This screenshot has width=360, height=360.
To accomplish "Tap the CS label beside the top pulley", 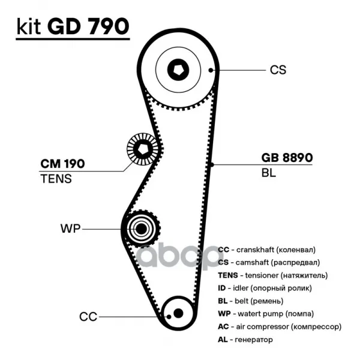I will coord(278,70).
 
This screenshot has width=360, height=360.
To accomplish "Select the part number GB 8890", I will coord(287,158).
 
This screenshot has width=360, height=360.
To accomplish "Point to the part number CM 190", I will coord(62,164).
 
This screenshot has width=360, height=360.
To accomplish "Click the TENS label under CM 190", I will coord(56,178).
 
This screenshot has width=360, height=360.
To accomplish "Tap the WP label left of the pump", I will coord(70,229).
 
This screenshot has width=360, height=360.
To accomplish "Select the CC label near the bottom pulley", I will coord(88,316).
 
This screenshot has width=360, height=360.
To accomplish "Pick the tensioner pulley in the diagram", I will coord(143,149).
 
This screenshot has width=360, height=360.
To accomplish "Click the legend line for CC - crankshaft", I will coord(266,249).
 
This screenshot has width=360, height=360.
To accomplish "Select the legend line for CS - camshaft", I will coord(265,262).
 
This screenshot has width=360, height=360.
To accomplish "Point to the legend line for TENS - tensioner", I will coord(272,275).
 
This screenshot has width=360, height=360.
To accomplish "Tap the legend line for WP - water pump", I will coord(265,314).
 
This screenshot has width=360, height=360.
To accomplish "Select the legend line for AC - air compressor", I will coord(279,327).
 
